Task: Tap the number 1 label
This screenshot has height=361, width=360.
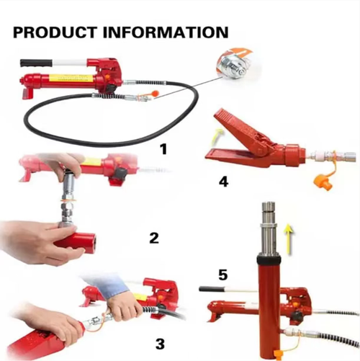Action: (x=163, y=150)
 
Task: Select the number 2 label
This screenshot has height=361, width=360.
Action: (x=153, y=238)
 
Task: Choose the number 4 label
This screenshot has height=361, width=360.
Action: (x=223, y=182)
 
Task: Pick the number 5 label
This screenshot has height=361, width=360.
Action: (x=225, y=275)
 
